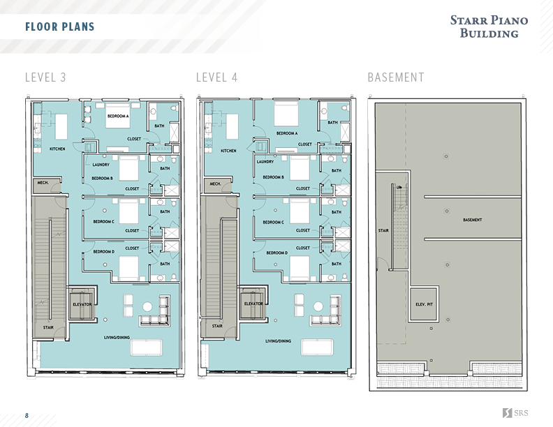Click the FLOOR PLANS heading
coord(59,27)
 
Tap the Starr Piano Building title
coord(489,27)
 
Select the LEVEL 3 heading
coord(45,77)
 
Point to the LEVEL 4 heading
coord(216,77)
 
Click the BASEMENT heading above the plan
coord(395,77)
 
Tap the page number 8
coord(27,415)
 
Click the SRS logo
coord(515,413)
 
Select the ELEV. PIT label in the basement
coord(425,304)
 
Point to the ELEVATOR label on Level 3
coord(82,304)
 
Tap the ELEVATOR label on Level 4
coord(253,304)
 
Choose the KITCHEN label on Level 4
coord(228,151)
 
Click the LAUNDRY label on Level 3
coord(101,165)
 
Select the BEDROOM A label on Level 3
coord(117,117)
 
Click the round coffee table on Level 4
coord(318,306)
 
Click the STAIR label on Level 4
coord(217,326)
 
